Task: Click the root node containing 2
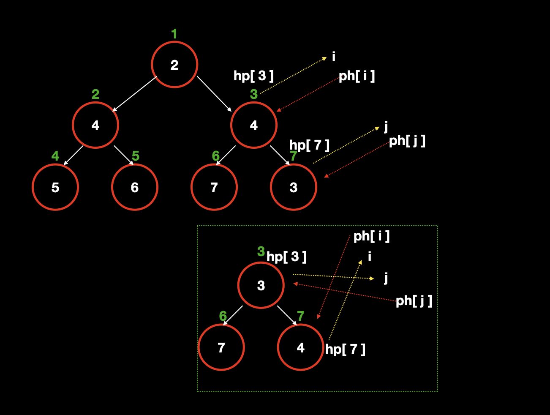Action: (x=174, y=65)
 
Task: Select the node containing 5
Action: (x=55, y=187)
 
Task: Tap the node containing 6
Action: (x=135, y=187)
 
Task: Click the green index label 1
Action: (x=174, y=34)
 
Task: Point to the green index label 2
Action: (x=95, y=94)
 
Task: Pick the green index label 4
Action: (x=55, y=156)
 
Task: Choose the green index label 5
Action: (x=135, y=156)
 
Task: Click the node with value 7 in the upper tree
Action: (x=214, y=187)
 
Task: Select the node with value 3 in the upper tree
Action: (x=294, y=187)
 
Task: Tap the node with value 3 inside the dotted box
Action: (x=261, y=285)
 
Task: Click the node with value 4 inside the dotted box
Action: (x=300, y=347)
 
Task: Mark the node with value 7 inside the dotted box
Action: (x=221, y=347)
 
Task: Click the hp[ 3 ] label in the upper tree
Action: (x=253, y=76)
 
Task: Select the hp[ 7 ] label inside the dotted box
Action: (x=345, y=349)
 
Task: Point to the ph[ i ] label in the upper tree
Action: (x=357, y=76)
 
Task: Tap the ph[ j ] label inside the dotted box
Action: (x=414, y=301)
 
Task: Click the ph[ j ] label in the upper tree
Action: (x=407, y=141)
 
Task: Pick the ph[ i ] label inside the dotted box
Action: (x=371, y=236)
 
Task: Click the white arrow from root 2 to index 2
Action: (x=134, y=94)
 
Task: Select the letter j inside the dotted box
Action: (x=386, y=278)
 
